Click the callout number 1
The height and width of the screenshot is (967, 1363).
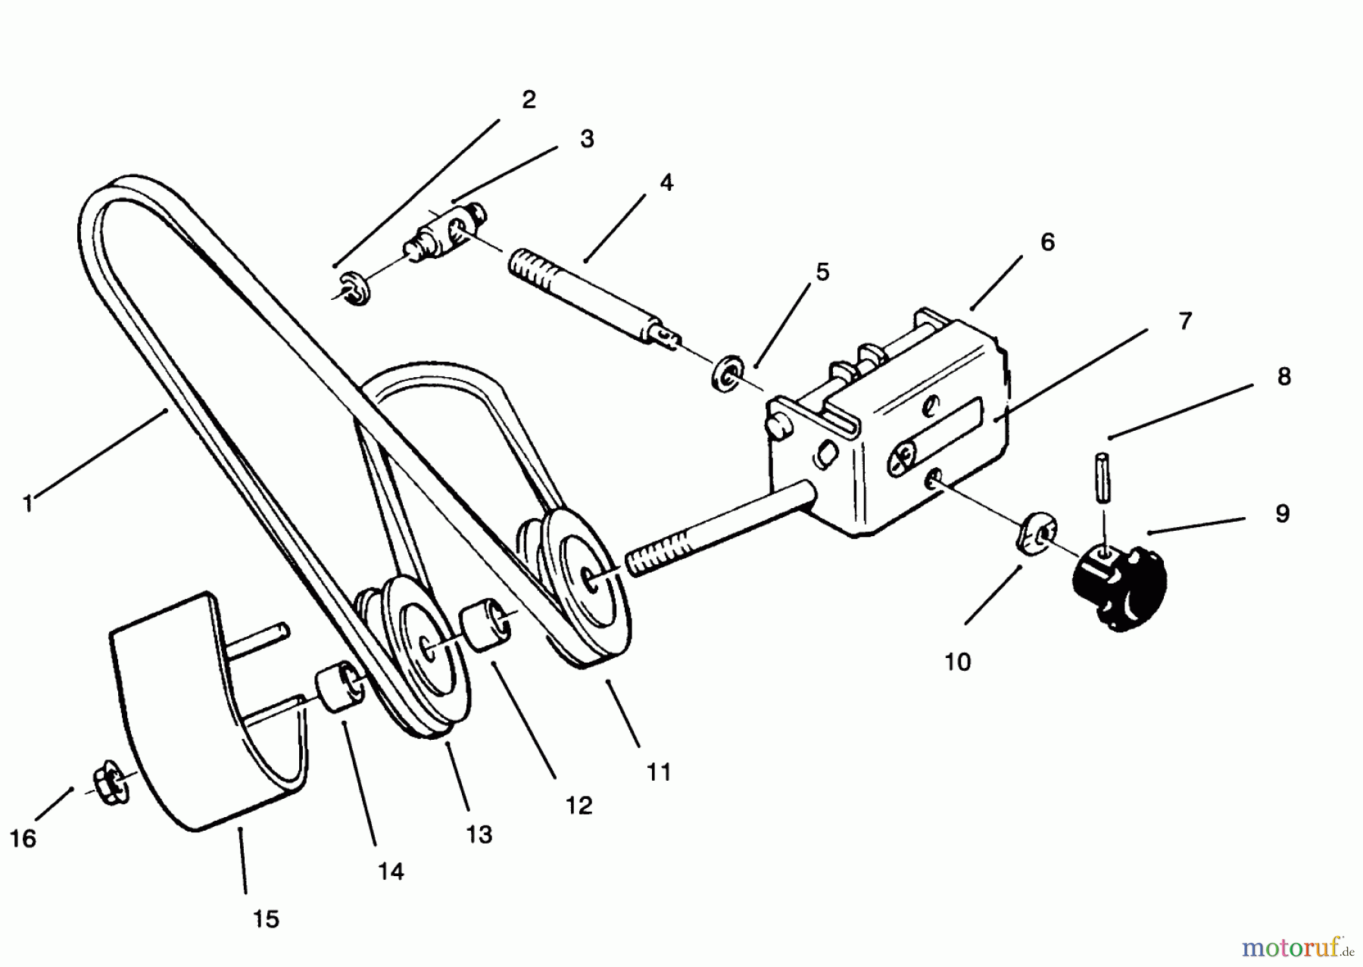point(28,504)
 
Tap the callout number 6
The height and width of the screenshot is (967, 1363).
point(1047,242)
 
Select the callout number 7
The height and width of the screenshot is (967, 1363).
point(1185,321)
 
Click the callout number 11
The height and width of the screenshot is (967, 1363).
point(659,772)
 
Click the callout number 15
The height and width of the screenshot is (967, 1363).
point(267,919)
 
